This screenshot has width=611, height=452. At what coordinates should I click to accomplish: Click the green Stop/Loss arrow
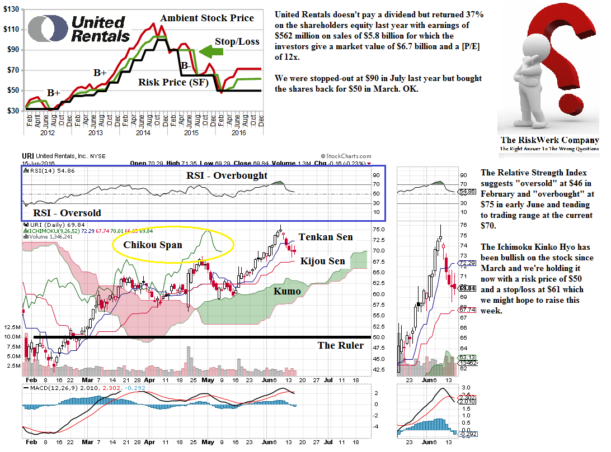211,53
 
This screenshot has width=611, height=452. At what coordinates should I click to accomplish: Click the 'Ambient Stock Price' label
207,18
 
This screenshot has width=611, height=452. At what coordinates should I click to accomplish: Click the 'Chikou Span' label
153,244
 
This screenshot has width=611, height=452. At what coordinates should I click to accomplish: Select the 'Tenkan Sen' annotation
326,237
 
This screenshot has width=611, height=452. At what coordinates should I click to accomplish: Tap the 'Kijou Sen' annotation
323,261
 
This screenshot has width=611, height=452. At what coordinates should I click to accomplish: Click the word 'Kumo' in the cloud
287,291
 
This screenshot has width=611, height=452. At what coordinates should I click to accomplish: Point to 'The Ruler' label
341,345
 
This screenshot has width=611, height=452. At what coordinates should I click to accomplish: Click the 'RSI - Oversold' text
67,212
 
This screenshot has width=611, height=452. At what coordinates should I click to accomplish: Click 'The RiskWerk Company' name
549,140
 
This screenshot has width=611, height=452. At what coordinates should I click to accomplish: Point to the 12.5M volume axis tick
11,327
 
